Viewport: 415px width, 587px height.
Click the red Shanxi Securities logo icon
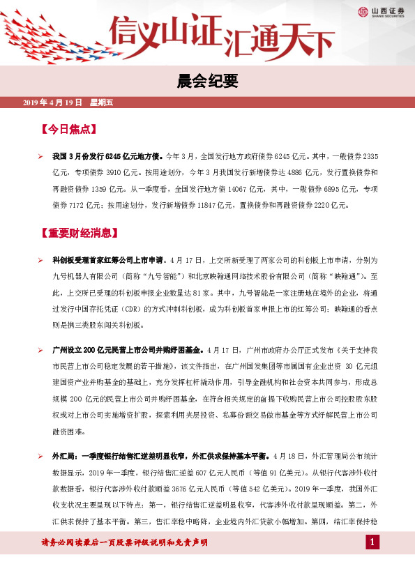coord(363,11)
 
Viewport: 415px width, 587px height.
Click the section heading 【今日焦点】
coord(68,130)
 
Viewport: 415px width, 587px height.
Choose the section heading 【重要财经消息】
coord(79,232)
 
